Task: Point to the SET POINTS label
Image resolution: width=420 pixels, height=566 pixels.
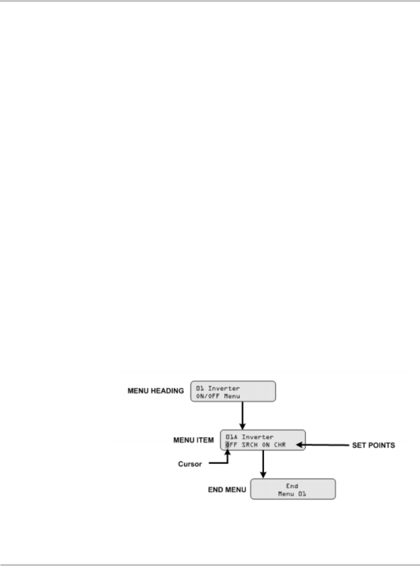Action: click(372, 446)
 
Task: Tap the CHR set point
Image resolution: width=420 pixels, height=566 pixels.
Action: click(280, 445)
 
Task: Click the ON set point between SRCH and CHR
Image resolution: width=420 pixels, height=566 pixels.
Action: click(266, 445)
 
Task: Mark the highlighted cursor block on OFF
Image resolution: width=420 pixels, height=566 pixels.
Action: click(228, 445)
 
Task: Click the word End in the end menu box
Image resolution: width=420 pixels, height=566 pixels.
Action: click(293, 486)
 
